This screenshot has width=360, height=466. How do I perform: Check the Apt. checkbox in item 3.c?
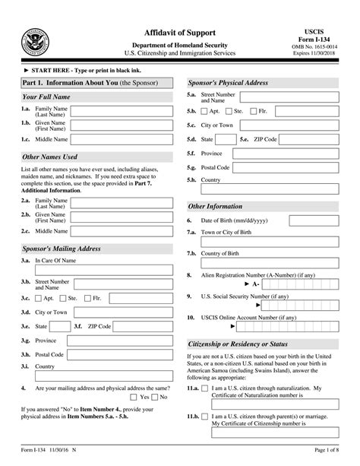point(39,299)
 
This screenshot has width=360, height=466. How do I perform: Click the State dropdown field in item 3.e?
point(61,326)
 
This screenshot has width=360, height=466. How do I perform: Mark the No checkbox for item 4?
point(153,396)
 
